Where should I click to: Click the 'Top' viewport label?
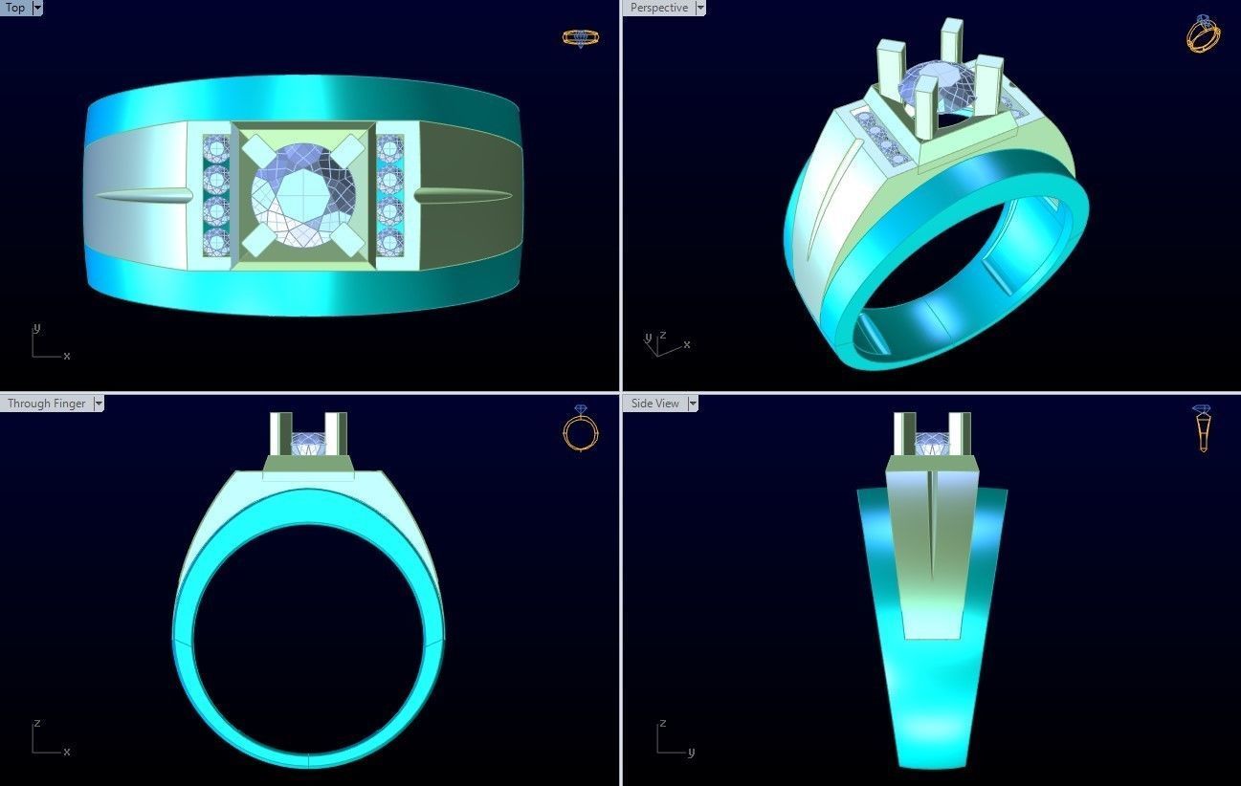point(15,8)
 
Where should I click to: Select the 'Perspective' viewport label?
point(658,8)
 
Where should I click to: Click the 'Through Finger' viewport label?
point(46,404)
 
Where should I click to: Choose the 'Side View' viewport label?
point(655,404)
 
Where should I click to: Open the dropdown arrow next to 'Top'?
point(37,8)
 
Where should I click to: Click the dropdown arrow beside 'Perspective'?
point(700,8)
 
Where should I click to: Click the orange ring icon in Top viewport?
point(580,38)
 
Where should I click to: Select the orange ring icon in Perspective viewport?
point(1203,33)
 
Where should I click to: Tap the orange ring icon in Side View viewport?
point(1203,427)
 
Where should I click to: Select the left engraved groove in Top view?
point(142,196)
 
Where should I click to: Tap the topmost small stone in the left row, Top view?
point(213,149)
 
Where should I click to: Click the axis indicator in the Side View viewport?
point(672,740)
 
